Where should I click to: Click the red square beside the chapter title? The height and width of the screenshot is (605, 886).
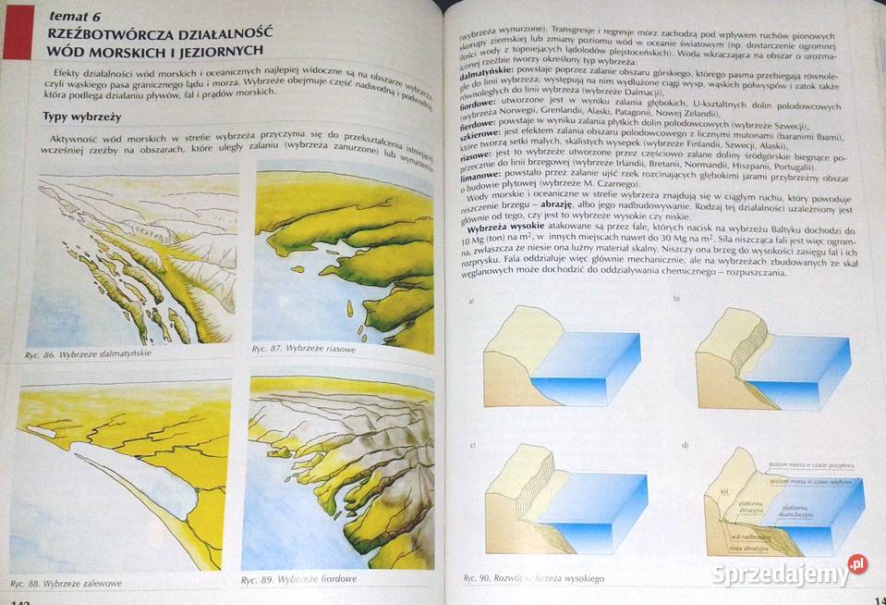click(18, 33)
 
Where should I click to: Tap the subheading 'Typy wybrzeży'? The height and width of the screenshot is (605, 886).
click(82, 117)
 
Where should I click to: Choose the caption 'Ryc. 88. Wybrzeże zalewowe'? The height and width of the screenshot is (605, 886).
click(66, 583)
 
